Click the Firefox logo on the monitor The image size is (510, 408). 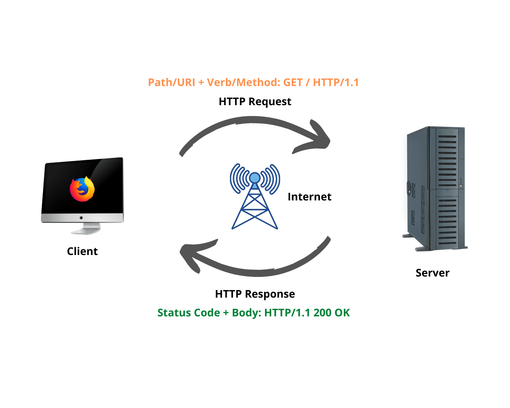[82, 189]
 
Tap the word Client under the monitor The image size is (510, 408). [82, 251]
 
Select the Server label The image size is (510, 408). [432, 273]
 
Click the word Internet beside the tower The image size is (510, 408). [310, 197]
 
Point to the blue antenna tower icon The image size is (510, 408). [255, 199]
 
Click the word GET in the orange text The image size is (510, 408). [293, 82]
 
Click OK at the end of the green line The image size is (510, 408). [342, 313]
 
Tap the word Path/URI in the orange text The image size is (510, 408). [171, 82]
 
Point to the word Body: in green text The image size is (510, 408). [247, 313]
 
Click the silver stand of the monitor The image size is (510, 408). [85, 229]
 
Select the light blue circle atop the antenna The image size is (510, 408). [255, 178]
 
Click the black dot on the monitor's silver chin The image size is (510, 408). [81, 218]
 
